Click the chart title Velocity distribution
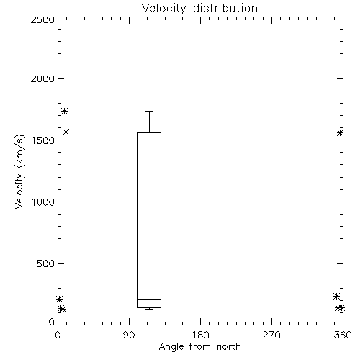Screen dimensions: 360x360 tap(199, 8)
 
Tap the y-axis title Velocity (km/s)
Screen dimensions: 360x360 tap(19, 171)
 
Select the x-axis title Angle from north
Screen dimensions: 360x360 tap(199, 347)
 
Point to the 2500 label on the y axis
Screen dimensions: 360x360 tap(42, 19)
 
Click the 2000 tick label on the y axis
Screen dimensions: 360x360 tap(42, 78)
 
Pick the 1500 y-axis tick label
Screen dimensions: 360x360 tap(43, 140)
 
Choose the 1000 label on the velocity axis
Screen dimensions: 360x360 tap(43, 202)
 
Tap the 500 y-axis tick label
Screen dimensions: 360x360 tap(46, 264)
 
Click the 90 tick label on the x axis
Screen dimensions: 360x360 tap(129, 335)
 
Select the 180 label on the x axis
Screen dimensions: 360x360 tap(200, 335)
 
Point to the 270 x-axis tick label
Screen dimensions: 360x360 tap(271, 335)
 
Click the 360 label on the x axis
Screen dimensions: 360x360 tap(343, 335)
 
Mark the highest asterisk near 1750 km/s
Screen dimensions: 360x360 tap(64, 112)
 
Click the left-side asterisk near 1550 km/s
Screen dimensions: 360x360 tap(66, 132)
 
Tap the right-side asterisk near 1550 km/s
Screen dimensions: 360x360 tap(340, 132)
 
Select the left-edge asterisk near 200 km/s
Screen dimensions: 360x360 tap(59, 300)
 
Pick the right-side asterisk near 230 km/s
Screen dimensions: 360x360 tap(336, 297)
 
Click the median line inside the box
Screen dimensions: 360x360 tap(149, 299)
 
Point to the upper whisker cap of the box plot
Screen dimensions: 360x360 tap(149, 111)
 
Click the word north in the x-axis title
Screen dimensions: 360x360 tap(229, 347)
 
